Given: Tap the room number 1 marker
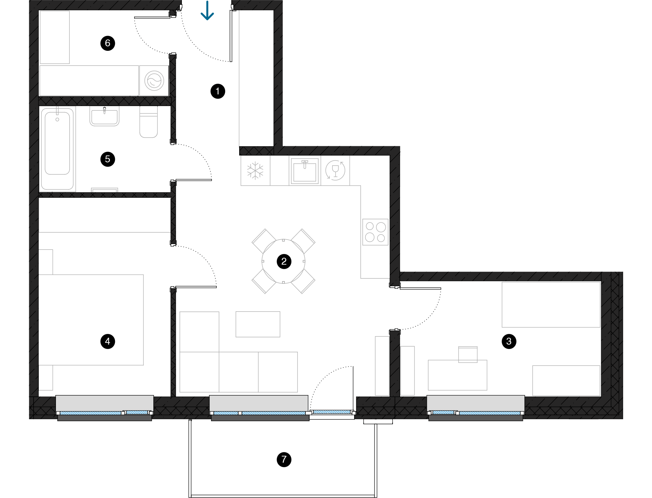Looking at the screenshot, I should (218, 91).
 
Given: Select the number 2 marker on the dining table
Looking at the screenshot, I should (284, 262).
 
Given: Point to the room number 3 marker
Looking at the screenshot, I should (509, 341).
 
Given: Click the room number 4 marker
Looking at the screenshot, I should (107, 341).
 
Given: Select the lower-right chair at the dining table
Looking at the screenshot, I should (303, 281).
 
